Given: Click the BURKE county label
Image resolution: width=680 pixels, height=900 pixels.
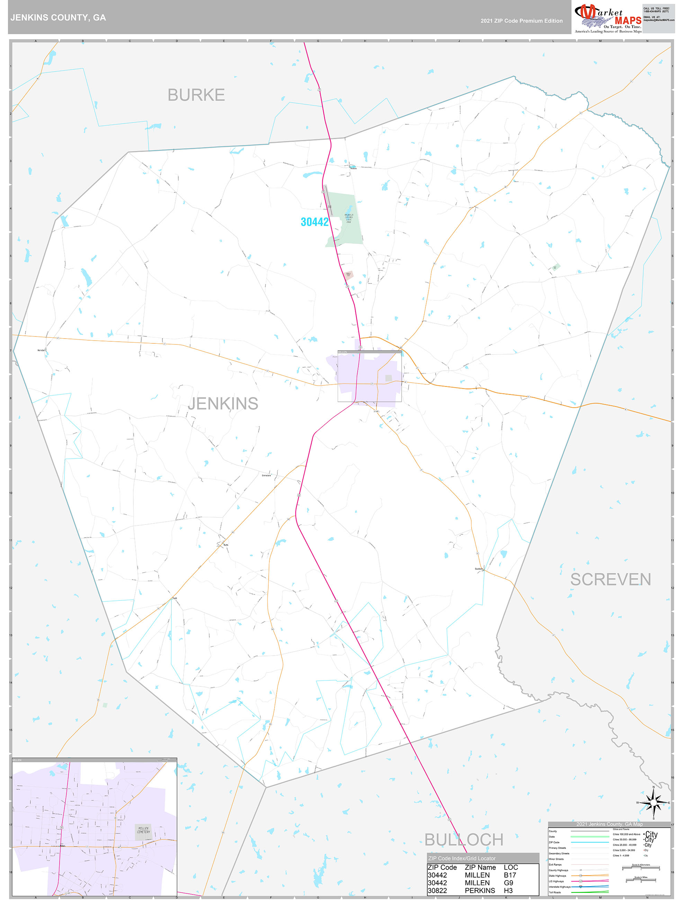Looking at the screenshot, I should [196, 95].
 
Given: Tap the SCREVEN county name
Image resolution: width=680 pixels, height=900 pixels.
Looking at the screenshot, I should [610, 579].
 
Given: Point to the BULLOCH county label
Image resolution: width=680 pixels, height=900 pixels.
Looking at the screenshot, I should [464, 839].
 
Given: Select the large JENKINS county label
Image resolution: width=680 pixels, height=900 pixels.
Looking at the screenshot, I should [223, 404].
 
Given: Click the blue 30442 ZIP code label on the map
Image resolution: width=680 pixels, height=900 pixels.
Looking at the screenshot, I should [315, 222].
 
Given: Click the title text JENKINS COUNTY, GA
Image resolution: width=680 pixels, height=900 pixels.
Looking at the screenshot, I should [58, 18].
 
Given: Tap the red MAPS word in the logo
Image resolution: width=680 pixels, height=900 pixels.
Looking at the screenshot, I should [628, 20].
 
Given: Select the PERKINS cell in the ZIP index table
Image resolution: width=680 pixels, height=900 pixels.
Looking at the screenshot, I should [480, 891].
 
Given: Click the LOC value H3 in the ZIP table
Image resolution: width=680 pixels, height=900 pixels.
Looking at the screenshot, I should [508, 891].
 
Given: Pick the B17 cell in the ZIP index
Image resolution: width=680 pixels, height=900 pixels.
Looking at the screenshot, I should [510, 875].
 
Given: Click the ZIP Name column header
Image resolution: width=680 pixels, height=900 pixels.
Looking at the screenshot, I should [480, 867].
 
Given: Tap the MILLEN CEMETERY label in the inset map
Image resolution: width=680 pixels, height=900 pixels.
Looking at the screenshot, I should [143, 830].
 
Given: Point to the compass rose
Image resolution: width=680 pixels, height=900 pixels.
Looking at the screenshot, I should [654, 803].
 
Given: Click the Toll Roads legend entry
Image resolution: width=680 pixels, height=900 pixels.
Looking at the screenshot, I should [555, 892].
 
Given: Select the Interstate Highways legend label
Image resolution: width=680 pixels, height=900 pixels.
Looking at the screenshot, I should [560, 886].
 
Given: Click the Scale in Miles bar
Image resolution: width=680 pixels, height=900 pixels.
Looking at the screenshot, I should [641, 881].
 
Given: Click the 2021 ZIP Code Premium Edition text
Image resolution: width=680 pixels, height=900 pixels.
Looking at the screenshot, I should [521, 21].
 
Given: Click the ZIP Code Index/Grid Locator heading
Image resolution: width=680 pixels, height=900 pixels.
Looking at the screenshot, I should [462, 858].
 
